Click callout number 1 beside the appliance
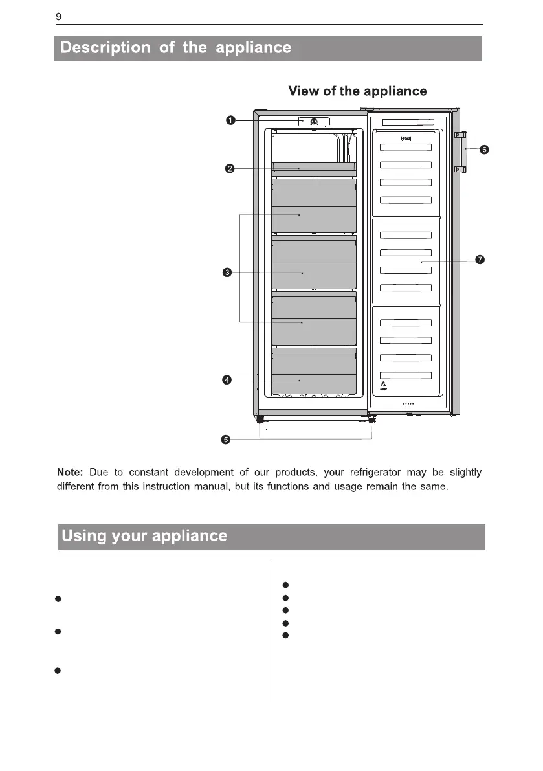click(x=230, y=120)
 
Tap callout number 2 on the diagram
click(x=229, y=169)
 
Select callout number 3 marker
click(x=227, y=273)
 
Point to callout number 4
click(x=227, y=380)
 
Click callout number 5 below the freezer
click(x=225, y=440)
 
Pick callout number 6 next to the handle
click(x=483, y=150)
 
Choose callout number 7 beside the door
click(x=480, y=260)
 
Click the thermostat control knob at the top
click(x=313, y=122)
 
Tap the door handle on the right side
click(x=460, y=152)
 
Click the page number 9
click(x=58, y=17)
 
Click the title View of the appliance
click(x=357, y=91)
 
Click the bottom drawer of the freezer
click(x=314, y=374)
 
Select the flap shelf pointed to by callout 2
click(x=314, y=167)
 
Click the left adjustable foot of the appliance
click(x=264, y=420)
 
